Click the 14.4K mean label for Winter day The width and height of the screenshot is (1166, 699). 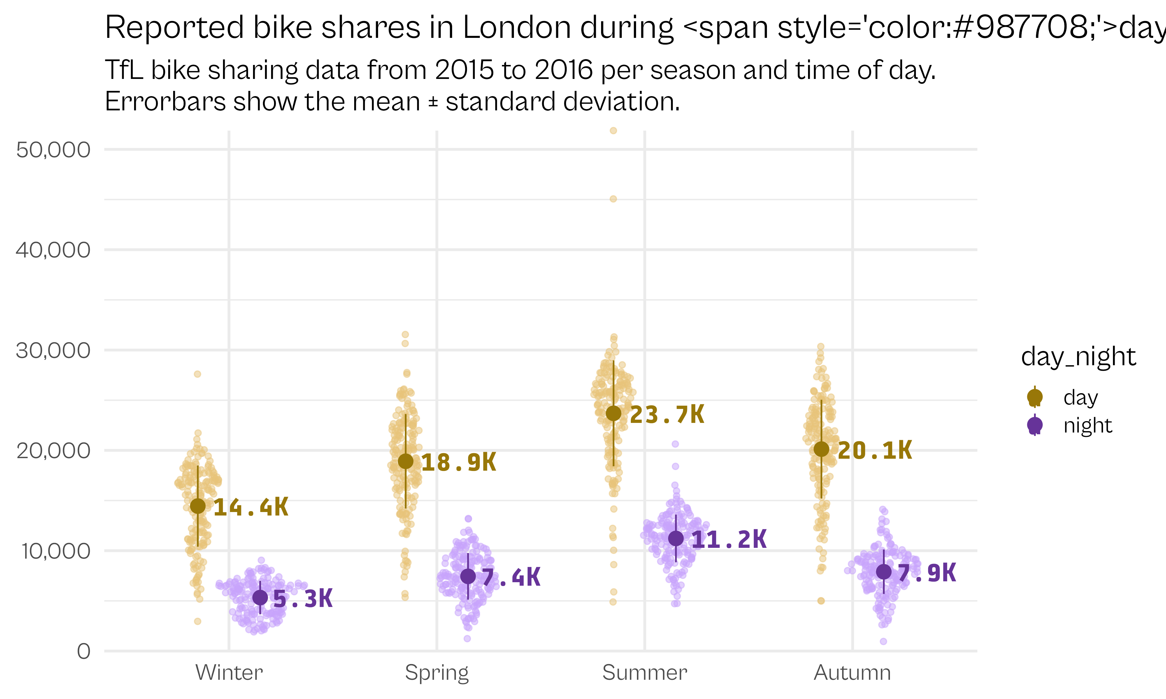[x=251, y=507]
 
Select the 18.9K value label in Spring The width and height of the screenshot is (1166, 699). [x=458, y=463]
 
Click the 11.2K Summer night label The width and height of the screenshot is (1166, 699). [x=729, y=539]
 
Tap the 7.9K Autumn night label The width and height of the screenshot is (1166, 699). [x=927, y=573]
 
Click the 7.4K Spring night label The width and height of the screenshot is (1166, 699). [x=511, y=578]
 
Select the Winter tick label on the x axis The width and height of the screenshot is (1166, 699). [x=229, y=672]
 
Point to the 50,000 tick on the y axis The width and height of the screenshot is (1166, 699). [x=53, y=150]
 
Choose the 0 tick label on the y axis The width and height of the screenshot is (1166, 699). [x=84, y=652]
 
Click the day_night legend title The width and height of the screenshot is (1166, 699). [x=1078, y=357]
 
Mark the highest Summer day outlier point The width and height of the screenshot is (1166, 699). [x=613, y=130]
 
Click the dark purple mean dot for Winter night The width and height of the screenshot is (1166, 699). [x=260, y=598]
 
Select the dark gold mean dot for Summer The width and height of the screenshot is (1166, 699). [x=613, y=414]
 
